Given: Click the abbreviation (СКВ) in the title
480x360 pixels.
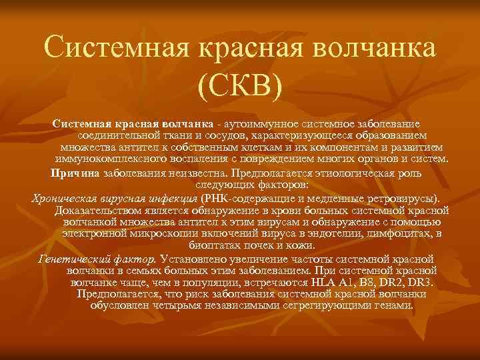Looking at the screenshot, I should (240, 85).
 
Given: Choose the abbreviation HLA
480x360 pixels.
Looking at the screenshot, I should (326, 281).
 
